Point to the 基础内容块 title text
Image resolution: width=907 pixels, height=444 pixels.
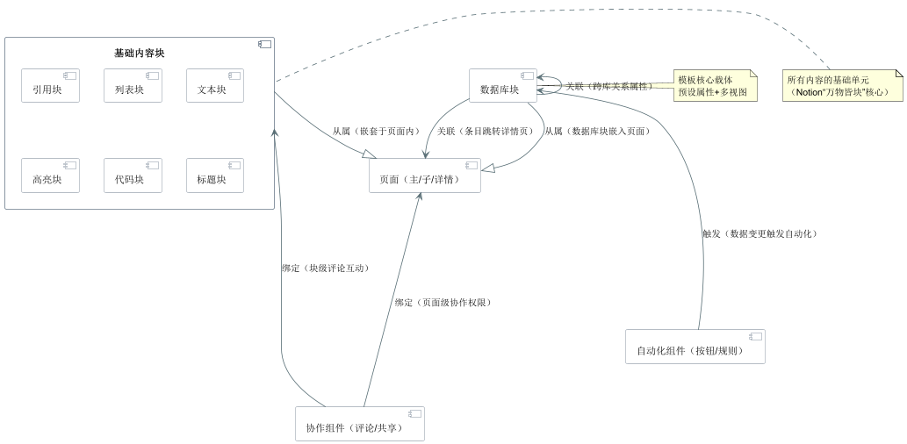pos(140,54)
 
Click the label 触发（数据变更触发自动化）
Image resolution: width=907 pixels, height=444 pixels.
pos(759,233)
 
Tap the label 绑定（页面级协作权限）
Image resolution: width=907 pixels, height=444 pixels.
pos(443,303)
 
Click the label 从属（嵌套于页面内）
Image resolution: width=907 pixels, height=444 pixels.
pos(376,132)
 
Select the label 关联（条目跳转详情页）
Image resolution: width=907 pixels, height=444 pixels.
pos(485,132)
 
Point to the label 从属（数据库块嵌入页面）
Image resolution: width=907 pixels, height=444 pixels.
pos(596,132)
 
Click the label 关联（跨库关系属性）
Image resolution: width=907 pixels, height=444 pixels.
pos(608,87)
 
